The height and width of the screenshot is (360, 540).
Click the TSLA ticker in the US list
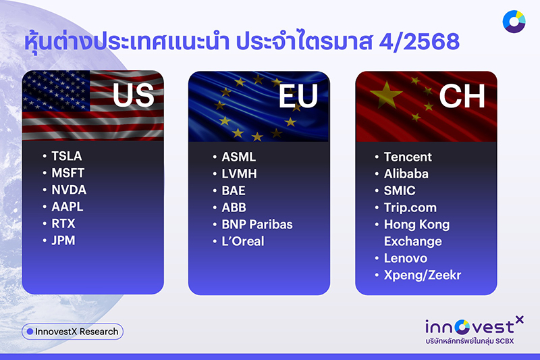click(66, 156)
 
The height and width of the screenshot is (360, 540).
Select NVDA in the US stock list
click(69, 190)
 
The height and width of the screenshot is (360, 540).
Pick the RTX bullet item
click(63, 224)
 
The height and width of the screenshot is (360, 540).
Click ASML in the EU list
click(238, 157)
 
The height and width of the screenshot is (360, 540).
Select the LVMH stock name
click(239, 174)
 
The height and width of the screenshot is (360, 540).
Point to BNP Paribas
click(257, 224)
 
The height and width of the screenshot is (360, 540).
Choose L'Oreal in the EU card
click(243, 241)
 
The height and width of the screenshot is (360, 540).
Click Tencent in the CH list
click(408, 157)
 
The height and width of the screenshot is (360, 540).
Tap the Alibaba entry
click(406, 174)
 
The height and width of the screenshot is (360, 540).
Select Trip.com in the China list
click(410, 207)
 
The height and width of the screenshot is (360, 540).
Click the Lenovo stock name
click(405, 258)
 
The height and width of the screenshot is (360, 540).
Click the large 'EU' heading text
click(298, 96)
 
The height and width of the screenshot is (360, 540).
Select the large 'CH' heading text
click(462, 96)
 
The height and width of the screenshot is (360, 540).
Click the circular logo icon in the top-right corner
click(514, 22)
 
